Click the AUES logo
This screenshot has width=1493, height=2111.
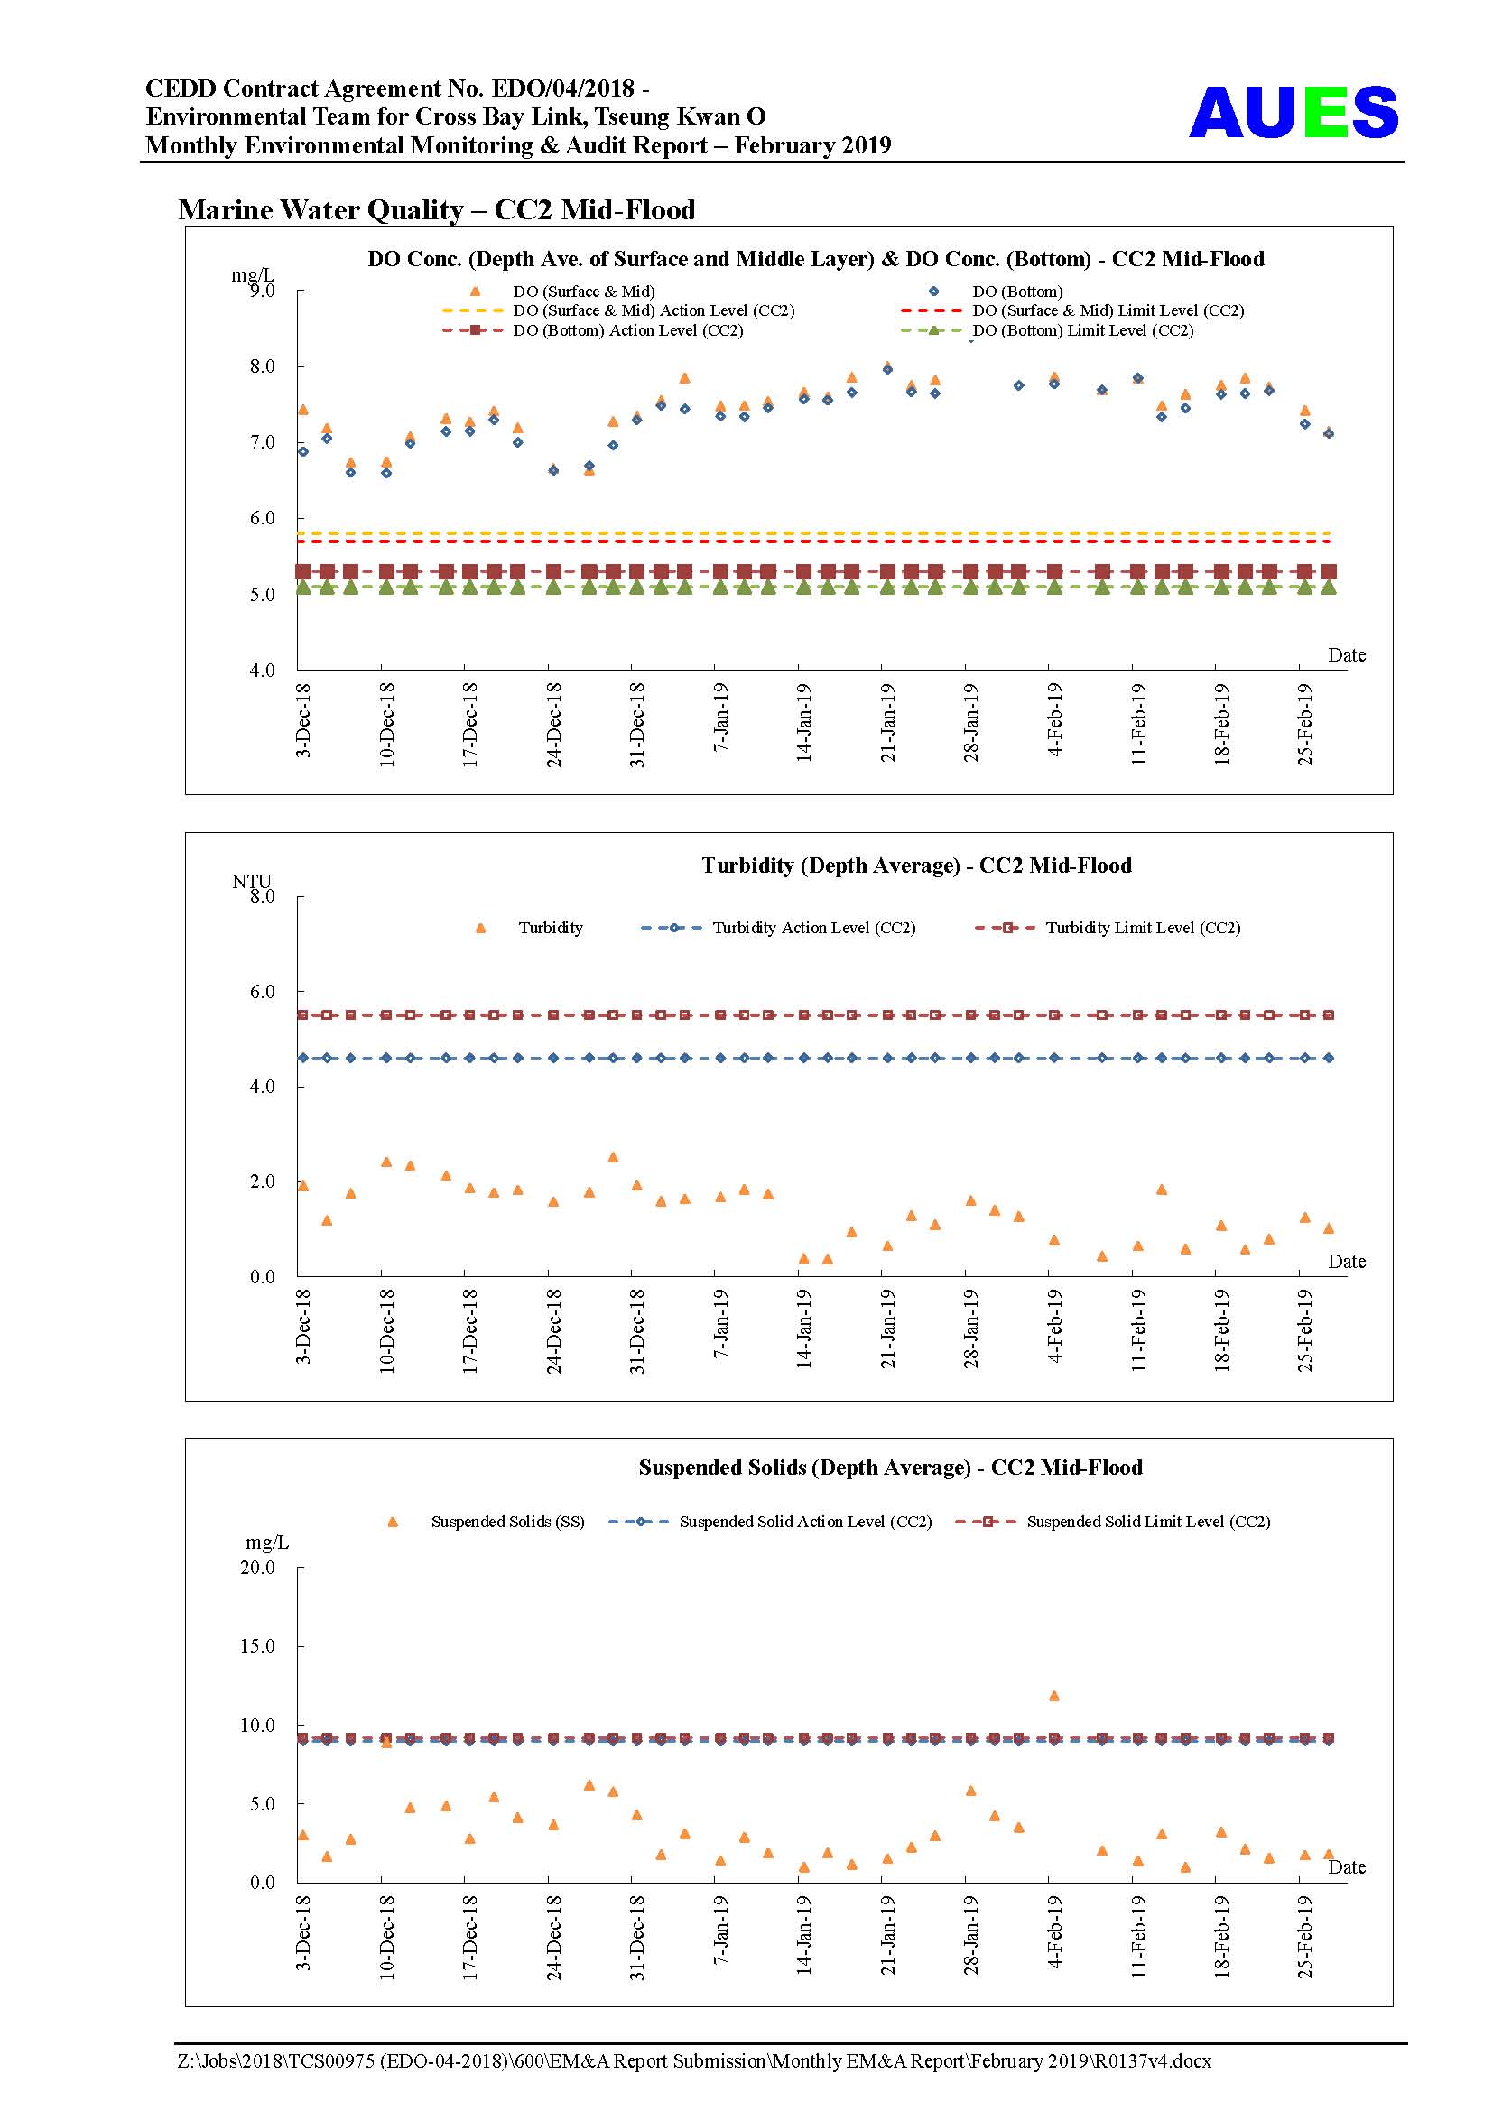(x=1293, y=112)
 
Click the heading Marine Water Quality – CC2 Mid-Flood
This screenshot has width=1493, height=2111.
(x=437, y=209)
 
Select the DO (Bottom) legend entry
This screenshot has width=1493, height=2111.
(x=996, y=292)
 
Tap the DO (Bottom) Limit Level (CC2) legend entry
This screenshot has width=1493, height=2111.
(x=1047, y=330)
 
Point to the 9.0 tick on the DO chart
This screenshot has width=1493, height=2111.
(x=262, y=291)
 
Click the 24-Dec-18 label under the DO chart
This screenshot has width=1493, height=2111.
(x=553, y=725)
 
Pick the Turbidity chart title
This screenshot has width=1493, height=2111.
(x=916, y=866)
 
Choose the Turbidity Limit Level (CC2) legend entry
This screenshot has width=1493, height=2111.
(x=1108, y=928)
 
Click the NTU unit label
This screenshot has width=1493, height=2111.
(x=251, y=881)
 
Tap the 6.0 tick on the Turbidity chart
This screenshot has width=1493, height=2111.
(x=262, y=991)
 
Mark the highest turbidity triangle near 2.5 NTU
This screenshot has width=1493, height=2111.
(x=613, y=1157)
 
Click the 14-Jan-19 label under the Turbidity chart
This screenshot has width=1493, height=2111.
(x=803, y=1330)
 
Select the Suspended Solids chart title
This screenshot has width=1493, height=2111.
(x=891, y=1468)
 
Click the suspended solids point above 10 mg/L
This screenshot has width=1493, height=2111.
(x=1054, y=1696)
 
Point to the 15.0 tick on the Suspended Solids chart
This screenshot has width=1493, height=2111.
(x=257, y=1646)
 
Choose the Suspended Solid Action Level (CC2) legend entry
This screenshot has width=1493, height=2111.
(x=770, y=1522)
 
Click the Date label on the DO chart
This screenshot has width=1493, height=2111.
(x=1347, y=654)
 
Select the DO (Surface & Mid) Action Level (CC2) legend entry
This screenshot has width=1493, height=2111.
(x=617, y=310)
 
